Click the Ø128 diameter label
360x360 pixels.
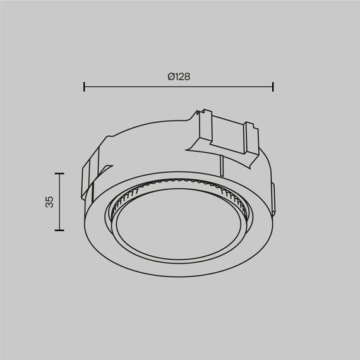(179, 76)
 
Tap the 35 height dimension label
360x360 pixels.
(50, 202)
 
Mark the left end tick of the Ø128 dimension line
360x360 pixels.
(85, 85)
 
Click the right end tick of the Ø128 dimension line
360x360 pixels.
(273, 85)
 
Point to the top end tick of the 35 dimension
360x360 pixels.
(59, 173)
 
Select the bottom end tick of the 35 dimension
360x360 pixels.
(59, 231)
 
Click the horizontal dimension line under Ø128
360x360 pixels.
(179, 85)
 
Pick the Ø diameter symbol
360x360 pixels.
(171, 76)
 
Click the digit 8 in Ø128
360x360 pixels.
(188, 76)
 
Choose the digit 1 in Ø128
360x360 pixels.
(176, 76)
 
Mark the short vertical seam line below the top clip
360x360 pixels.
(223, 165)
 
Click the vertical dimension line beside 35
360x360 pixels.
(59, 202)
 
